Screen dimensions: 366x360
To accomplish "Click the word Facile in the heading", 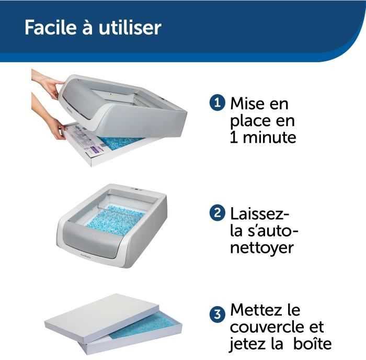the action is (51, 27).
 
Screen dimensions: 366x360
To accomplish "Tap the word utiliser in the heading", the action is (130, 27).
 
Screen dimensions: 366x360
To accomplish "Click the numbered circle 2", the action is (218, 212).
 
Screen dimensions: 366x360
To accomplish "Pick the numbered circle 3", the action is (218, 314).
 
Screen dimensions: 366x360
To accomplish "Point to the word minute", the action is (270, 137).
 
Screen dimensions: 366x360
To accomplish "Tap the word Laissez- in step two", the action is (260, 213).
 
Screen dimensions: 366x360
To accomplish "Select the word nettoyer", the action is (261, 248).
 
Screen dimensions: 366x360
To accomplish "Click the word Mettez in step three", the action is (256, 310).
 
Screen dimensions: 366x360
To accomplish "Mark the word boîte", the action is (312, 343).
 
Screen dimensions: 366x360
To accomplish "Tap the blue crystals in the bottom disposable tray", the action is (144, 326).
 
